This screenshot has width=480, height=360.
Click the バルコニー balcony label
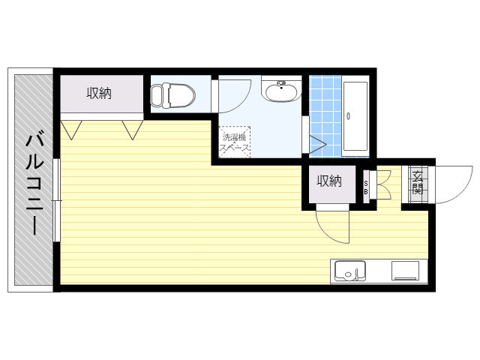[x=34, y=183]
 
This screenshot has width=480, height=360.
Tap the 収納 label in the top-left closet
[x=99, y=93]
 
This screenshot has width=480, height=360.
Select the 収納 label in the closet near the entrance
[x=329, y=181]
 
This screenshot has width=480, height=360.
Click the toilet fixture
[x=172, y=95]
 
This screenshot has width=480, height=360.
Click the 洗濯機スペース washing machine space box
[x=235, y=142]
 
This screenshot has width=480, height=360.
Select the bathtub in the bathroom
[x=355, y=116]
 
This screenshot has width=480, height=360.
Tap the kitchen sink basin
[x=350, y=271]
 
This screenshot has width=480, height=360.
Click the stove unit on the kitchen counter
[x=405, y=271]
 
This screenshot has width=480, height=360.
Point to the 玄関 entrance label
[x=418, y=183]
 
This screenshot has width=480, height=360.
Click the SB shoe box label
[x=366, y=187]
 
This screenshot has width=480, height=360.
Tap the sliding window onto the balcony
[x=56, y=200]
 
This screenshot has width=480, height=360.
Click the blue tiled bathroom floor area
[x=325, y=115]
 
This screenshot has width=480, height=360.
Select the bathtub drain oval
[x=348, y=116]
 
